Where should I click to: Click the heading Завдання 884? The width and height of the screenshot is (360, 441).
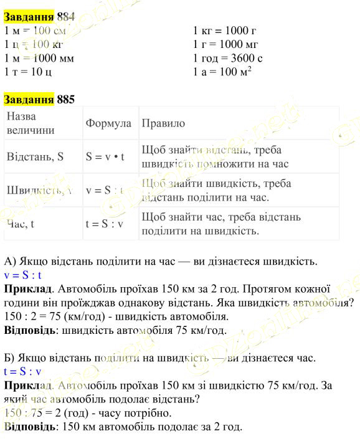[x=39, y=17]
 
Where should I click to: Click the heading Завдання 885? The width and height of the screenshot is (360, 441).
[x=39, y=99]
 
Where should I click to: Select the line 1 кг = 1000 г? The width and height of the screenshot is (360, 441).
[x=225, y=31]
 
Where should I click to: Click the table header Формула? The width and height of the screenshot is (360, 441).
[x=108, y=123]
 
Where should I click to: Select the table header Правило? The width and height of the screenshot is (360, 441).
[x=163, y=123]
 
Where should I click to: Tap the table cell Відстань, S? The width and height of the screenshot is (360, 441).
[x=36, y=157]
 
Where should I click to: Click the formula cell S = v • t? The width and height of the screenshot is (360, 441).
[x=105, y=157]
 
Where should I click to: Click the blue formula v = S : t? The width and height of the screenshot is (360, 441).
[x=22, y=274]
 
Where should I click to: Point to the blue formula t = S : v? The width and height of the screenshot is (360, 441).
[x=22, y=372]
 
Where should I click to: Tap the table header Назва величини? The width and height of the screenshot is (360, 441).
[x=30, y=123]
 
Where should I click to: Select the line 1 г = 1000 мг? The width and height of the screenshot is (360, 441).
[x=225, y=44]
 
